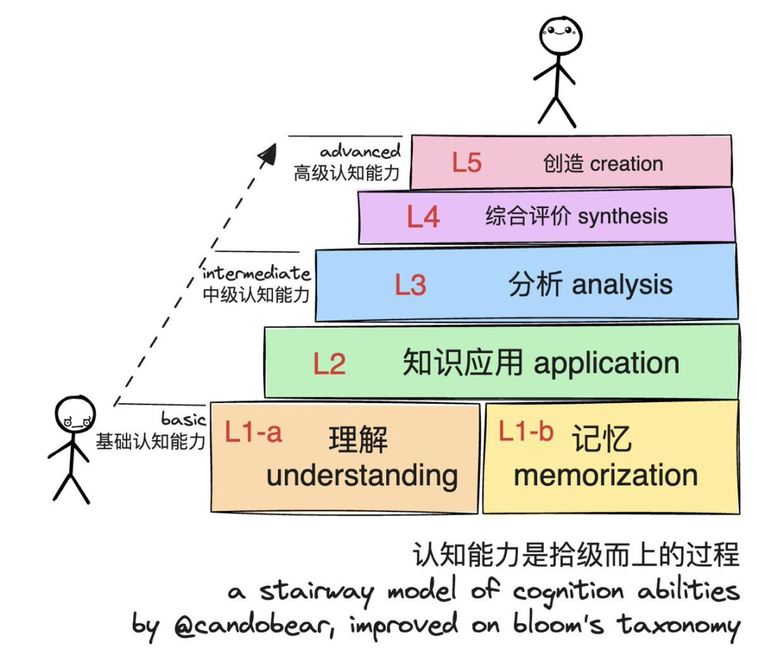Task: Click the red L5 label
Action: pos(467,163)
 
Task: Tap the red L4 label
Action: pos(423,217)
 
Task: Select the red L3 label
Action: pos(410,285)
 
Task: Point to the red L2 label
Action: pos(329,364)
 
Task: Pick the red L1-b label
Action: pos(526,431)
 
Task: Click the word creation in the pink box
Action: pos(626,164)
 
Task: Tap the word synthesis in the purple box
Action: pos(621,216)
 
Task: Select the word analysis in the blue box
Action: pos(622,284)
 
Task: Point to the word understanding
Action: pos(362,476)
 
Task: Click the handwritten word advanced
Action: pos(361,152)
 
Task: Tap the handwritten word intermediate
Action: pos(256,273)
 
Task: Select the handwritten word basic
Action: pos(183,419)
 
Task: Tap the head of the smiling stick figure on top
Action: pos(561,35)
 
